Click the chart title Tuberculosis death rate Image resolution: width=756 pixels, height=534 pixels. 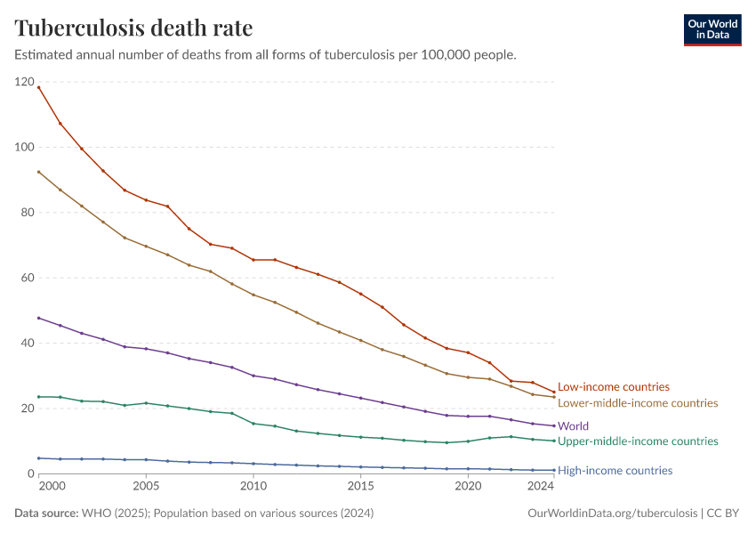pyautogui.click(x=133, y=28)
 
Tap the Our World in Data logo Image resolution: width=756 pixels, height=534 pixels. pyautogui.click(x=712, y=30)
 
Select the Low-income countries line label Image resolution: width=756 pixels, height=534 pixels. pyautogui.click(x=614, y=387)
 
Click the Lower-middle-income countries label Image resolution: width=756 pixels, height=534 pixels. pyautogui.click(x=638, y=403)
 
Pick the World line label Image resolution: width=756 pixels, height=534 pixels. pyautogui.click(x=574, y=426)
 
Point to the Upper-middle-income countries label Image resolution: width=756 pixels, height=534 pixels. pyautogui.click(x=638, y=441)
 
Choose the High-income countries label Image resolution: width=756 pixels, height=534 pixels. pyautogui.click(x=615, y=470)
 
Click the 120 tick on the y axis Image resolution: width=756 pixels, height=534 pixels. pyautogui.click(x=25, y=82)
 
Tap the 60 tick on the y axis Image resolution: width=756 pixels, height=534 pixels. pyautogui.click(x=28, y=278)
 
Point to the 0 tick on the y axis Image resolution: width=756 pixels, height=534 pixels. pyautogui.click(x=31, y=473)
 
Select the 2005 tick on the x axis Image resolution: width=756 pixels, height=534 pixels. pyautogui.click(x=146, y=486)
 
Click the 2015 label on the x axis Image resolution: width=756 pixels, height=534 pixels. pyautogui.click(x=360, y=486)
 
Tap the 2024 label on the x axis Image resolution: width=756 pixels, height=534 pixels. pyautogui.click(x=541, y=486)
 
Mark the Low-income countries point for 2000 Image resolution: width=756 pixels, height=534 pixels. pyautogui.click(x=38, y=87)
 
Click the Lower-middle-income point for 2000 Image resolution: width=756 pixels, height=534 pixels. pyautogui.click(x=38, y=172)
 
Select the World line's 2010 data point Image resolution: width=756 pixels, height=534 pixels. pyautogui.click(x=253, y=376)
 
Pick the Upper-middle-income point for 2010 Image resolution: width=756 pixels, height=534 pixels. pyautogui.click(x=253, y=424)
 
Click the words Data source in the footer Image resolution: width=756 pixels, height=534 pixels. pyautogui.click(x=46, y=513)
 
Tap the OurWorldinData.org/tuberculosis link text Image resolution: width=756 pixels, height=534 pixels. pyautogui.click(x=612, y=513)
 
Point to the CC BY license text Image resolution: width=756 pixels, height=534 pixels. pyautogui.click(x=723, y=513)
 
